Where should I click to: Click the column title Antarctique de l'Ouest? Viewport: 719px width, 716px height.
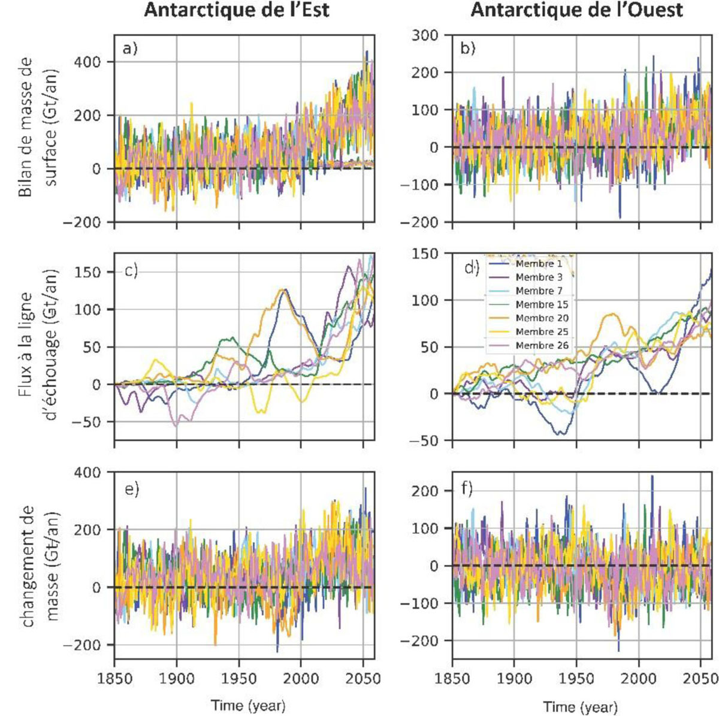tap(576, 10)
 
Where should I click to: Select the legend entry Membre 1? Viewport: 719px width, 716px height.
tap(536, 264)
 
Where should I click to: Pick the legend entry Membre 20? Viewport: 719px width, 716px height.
tap(537, 318)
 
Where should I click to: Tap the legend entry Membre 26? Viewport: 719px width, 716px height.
tap(537, 346)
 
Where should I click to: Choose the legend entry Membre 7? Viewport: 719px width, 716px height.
tap(536, 291)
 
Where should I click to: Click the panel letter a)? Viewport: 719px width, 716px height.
tap(130, 49)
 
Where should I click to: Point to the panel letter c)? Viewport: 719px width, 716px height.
tap(131, 271)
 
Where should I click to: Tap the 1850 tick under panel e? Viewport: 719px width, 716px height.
tap(114, 678)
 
